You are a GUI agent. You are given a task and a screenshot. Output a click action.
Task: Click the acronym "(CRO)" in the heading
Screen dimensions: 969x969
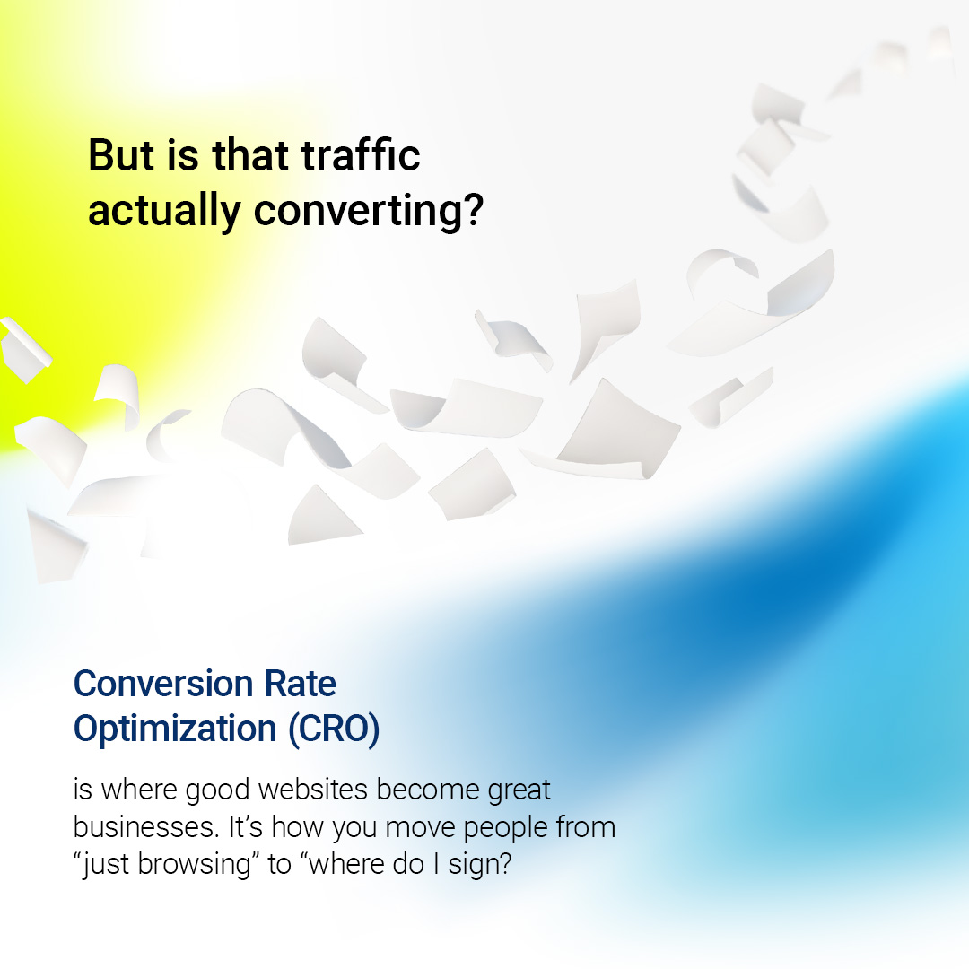click(334, 729)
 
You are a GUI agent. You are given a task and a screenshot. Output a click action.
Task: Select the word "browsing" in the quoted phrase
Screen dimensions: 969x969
click(198, 865)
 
